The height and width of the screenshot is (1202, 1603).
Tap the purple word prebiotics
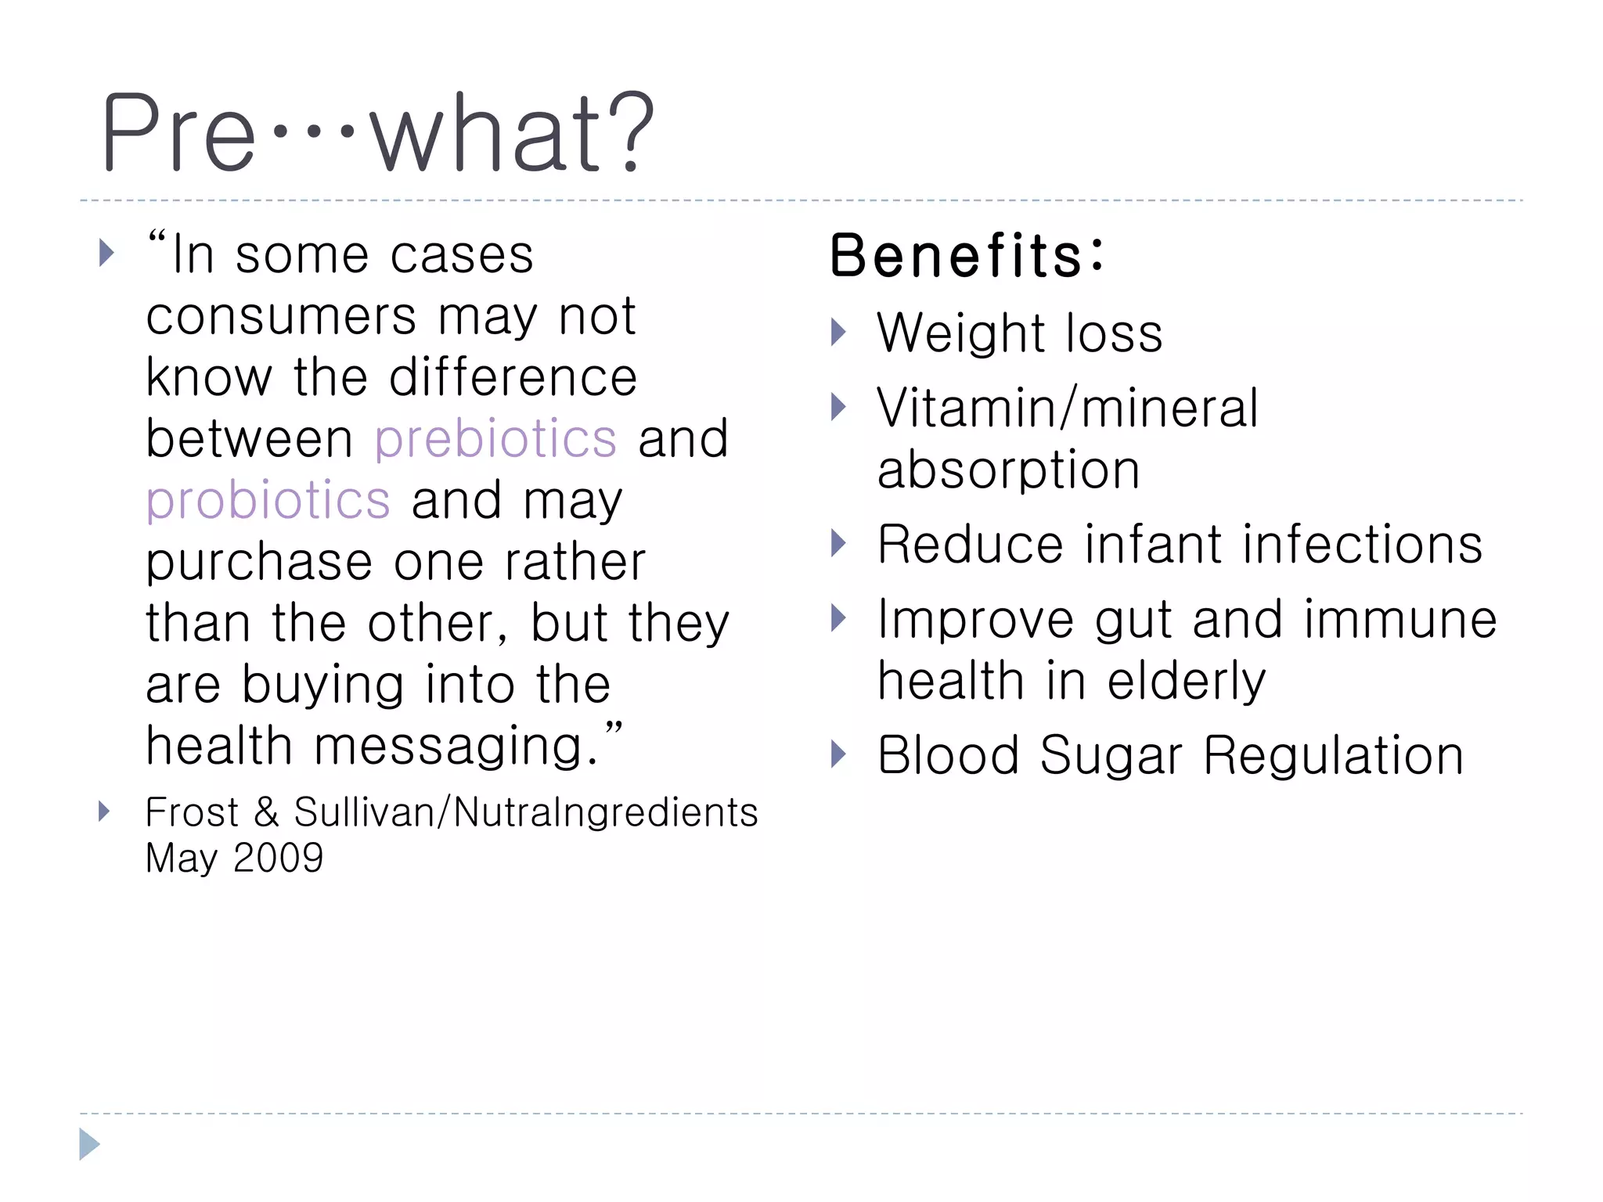(x=495, y=440)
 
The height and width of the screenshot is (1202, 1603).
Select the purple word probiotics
(x=268, y=502)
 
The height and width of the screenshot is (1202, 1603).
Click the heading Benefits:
(x=967, y=256)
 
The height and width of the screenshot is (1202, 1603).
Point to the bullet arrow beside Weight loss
(x=838, y=333)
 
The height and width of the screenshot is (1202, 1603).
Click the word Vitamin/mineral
(x=1067, y=408)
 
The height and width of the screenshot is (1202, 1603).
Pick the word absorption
(x=1008, y=471)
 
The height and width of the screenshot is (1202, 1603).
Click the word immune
(x=1400, y=620)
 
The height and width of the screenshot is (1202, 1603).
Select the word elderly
(x=1186, y=681)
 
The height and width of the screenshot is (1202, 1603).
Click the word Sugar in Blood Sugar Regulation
(x=1111, y=756)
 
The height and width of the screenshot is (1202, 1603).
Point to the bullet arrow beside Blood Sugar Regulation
(x=838, y=754)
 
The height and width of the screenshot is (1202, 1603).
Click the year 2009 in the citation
(x=278, y=858)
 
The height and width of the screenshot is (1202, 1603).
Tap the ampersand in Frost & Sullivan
(x=266, y=812)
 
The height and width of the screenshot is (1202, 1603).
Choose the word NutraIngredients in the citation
(x=606, y=812)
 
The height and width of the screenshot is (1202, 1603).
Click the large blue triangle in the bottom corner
(x=88, y=1145)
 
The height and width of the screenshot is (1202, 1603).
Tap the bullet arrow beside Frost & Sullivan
(x=105, y=812)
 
